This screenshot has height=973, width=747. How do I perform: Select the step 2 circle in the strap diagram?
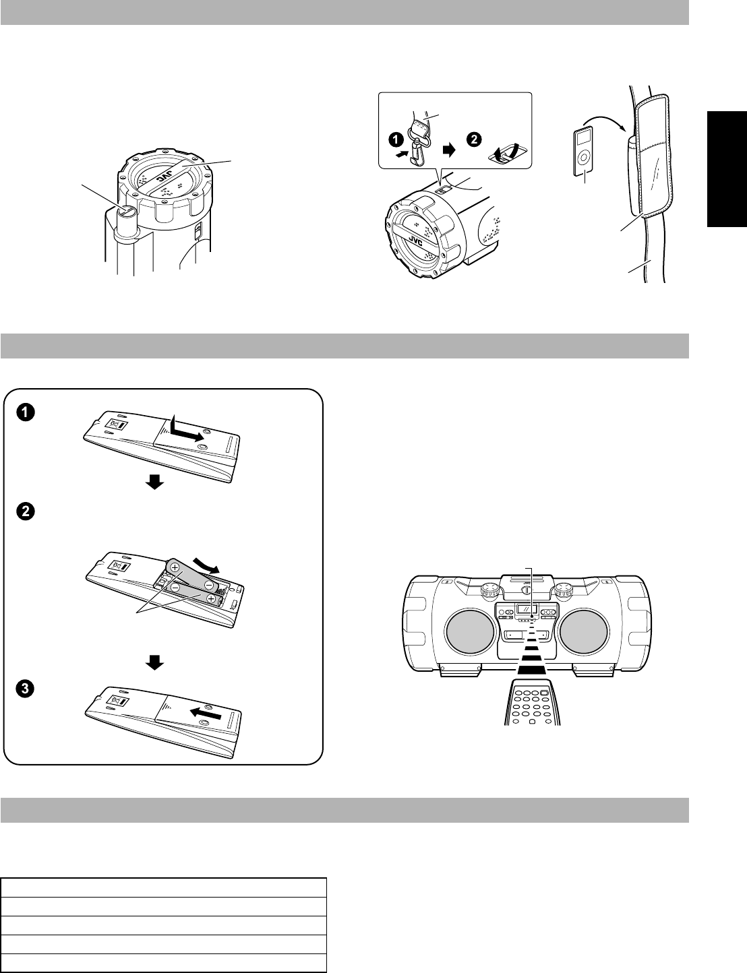(475, 139)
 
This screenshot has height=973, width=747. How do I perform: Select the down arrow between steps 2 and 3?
(155, 663)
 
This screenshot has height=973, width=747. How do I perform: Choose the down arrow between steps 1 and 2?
(155, 482)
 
